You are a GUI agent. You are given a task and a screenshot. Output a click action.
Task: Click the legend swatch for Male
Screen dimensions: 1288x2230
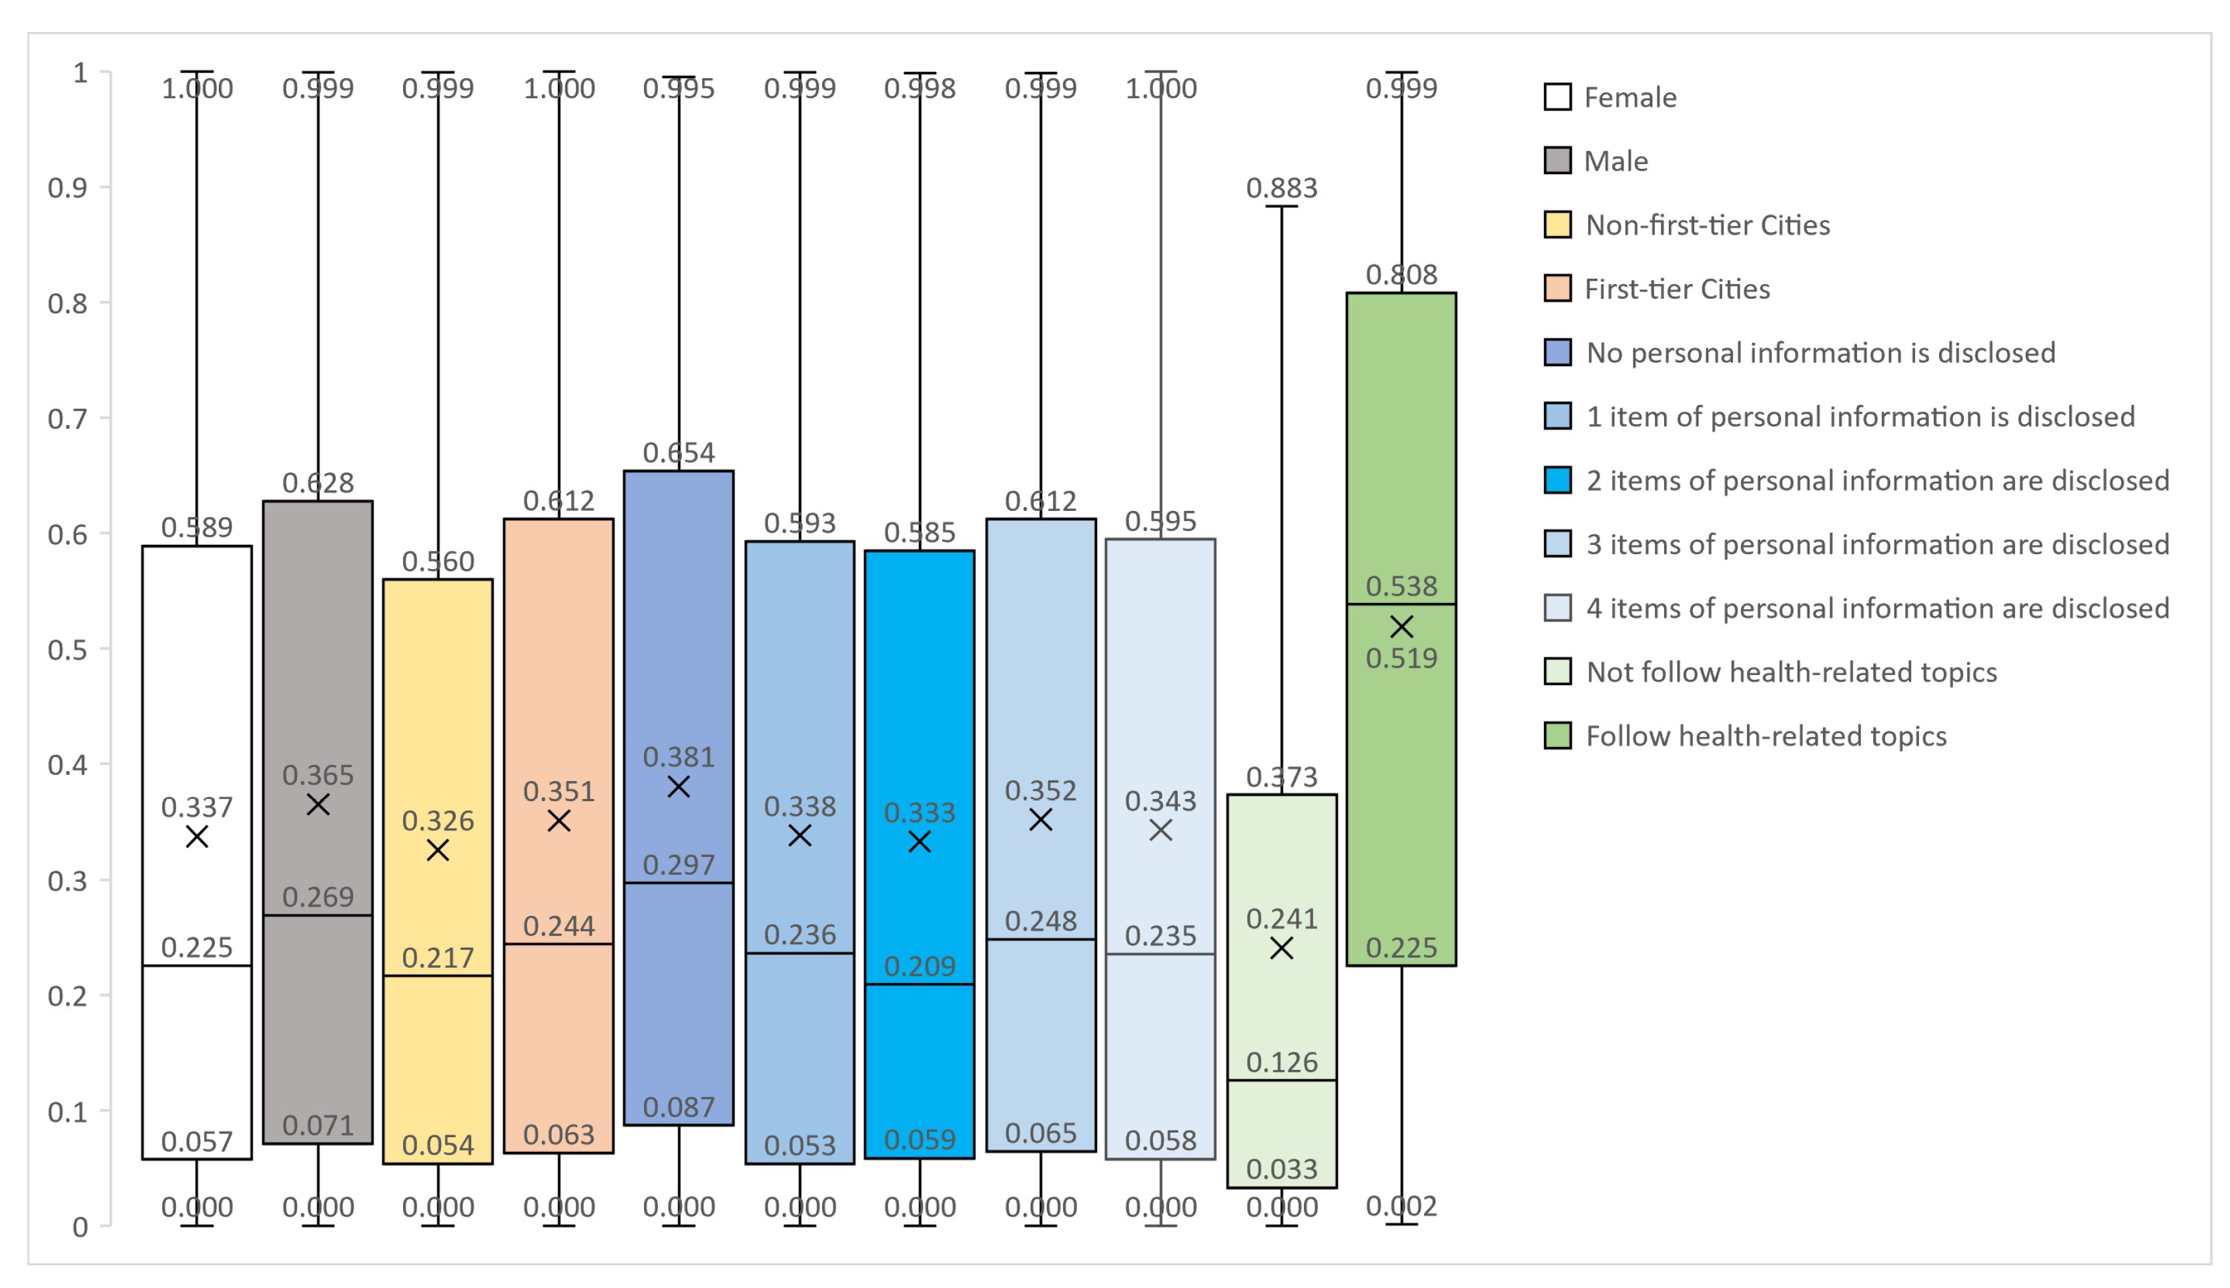[x=1557, y=161]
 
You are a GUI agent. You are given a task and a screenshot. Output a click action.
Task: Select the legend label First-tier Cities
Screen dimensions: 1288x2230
[x=1677, y=289]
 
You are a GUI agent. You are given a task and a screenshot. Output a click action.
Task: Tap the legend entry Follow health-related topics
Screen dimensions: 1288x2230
[x=1766, y=736]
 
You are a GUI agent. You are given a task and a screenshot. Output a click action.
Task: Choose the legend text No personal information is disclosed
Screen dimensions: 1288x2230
[x=1820, y=353]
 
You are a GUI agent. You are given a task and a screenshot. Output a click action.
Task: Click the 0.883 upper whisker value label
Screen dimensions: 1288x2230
[x=1281, y=187]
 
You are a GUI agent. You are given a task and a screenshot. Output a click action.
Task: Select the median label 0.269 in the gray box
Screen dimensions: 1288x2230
[x=318, y=897]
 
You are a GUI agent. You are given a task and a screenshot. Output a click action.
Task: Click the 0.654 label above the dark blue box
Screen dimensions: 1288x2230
[x=679, y=453]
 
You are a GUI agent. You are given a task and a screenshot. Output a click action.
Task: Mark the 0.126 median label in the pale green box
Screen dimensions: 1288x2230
[x=1281, y=1063]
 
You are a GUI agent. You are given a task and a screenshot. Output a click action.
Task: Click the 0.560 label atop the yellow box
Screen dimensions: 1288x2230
[x=438, y=561]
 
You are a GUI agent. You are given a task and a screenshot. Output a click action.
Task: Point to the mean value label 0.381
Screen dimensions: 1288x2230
[x=679, y=757]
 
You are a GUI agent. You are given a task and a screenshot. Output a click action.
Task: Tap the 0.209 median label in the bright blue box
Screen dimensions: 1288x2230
[x=919, y=966]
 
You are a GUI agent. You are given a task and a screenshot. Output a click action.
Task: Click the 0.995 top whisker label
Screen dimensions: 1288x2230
[x=679, y=89]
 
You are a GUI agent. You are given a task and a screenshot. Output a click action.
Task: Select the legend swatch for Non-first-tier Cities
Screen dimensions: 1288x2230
[x=1557, y=225]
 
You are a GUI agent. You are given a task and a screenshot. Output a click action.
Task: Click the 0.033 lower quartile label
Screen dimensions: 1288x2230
[x=1281, y=1169]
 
